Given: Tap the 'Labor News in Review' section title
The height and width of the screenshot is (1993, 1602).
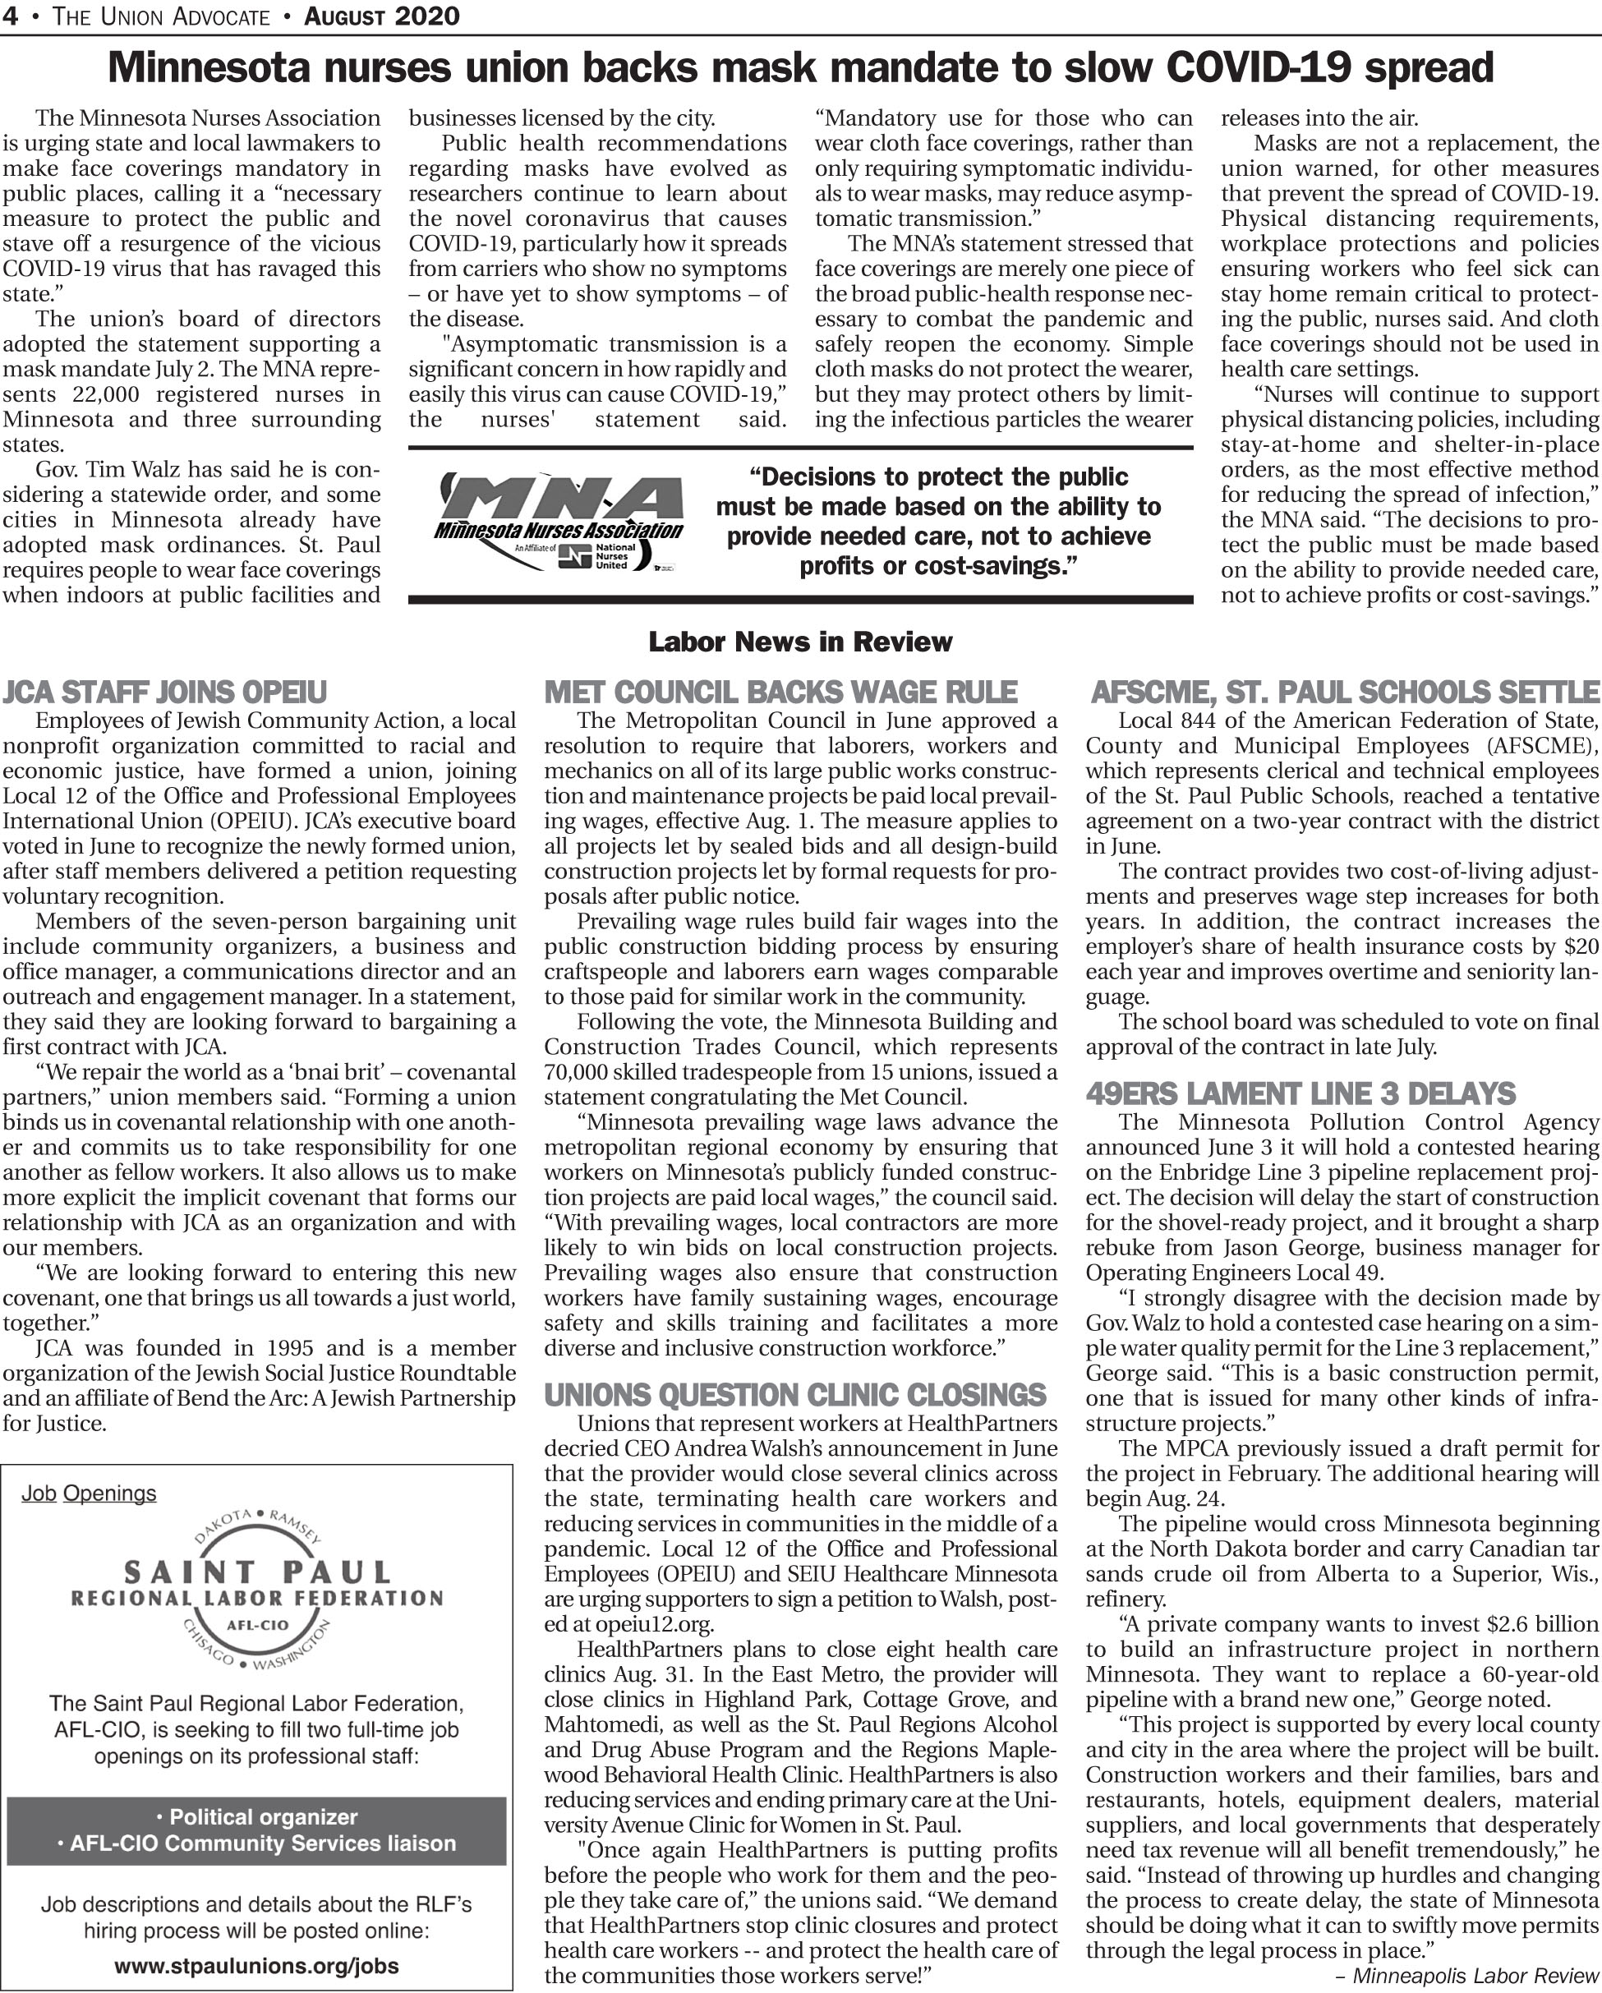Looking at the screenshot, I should pyautogui.click(x=799, y=642).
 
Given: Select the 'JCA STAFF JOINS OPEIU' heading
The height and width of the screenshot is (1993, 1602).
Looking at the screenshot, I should pyautogui.click(x=164, y=692).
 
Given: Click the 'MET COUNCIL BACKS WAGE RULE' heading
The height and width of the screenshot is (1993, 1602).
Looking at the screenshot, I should pyautogui.click(x=780, y=692).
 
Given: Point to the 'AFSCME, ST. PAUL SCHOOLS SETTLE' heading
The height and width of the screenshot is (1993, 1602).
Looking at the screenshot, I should pyautogui.click(x=1345, y=692).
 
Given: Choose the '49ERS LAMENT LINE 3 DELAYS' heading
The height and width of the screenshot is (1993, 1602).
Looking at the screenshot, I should pyautogui.click(x=1300, y=1093).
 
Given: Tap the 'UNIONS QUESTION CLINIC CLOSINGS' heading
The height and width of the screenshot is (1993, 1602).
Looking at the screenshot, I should pyautogui.click(x=795, y=1394).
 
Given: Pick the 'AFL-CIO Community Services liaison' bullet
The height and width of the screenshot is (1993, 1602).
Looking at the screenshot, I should pyautogui.click(x=257, y=1843).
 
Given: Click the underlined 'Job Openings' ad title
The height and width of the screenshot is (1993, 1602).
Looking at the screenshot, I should pyautogui.click(x=89, y=1493).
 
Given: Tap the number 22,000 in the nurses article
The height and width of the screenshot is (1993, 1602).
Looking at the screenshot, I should pyautogui.click(x=104, y=394).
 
